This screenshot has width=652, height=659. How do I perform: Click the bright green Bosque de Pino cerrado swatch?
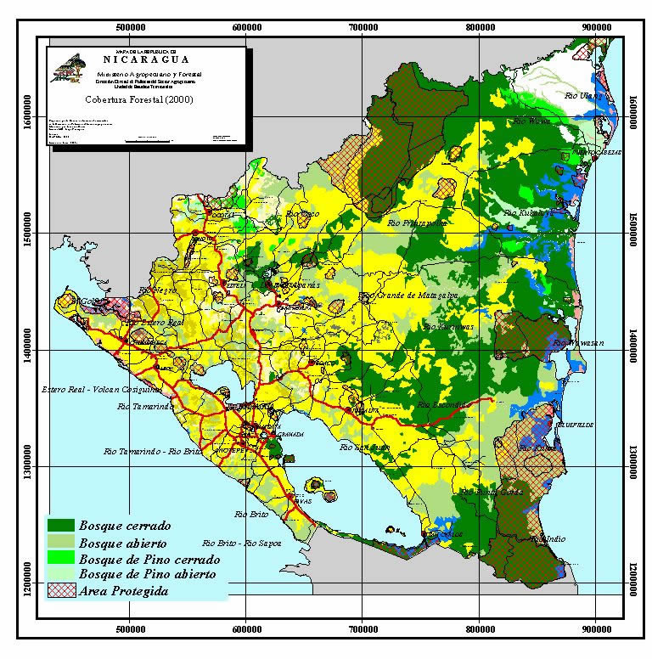click(x=61, y=560)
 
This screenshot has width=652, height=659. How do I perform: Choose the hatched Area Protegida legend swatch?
click(x=61, y=591)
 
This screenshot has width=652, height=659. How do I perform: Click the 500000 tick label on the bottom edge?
click(x=130, y=629)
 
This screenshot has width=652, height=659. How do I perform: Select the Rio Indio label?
click(x=547, y=538)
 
